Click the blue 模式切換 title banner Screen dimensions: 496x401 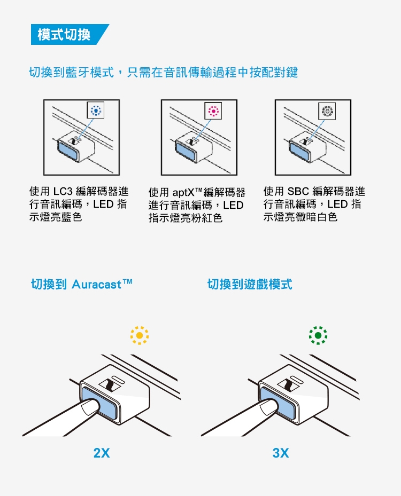tap(64, 35)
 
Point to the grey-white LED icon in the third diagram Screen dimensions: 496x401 tap(327, 111)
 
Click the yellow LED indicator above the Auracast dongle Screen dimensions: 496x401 tap(140, 335)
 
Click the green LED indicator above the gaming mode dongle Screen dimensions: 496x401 tap(318, 335)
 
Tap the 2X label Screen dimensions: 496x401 tap(101, 453)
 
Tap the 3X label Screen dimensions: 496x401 tap(280, 453)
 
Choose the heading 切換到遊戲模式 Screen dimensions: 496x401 tap(250, 284)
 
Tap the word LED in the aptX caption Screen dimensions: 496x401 tap(233, 206)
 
